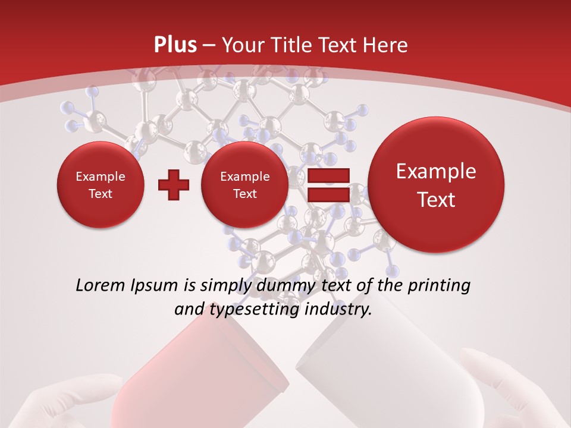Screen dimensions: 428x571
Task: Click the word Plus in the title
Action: [175, 45]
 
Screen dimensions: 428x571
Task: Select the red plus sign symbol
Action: [173, 185]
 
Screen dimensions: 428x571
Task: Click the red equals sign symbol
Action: [328, 185]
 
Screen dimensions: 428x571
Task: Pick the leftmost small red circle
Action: [100, 185]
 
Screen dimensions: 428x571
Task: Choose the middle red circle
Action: [244, 185]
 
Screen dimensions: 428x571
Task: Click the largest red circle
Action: [436, 185]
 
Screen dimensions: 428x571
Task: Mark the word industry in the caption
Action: [337, 310]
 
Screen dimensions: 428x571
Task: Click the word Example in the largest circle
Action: [436, 171]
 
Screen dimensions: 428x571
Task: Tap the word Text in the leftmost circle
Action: [100, 194]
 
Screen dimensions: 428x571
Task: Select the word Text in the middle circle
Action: [244, 194]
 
